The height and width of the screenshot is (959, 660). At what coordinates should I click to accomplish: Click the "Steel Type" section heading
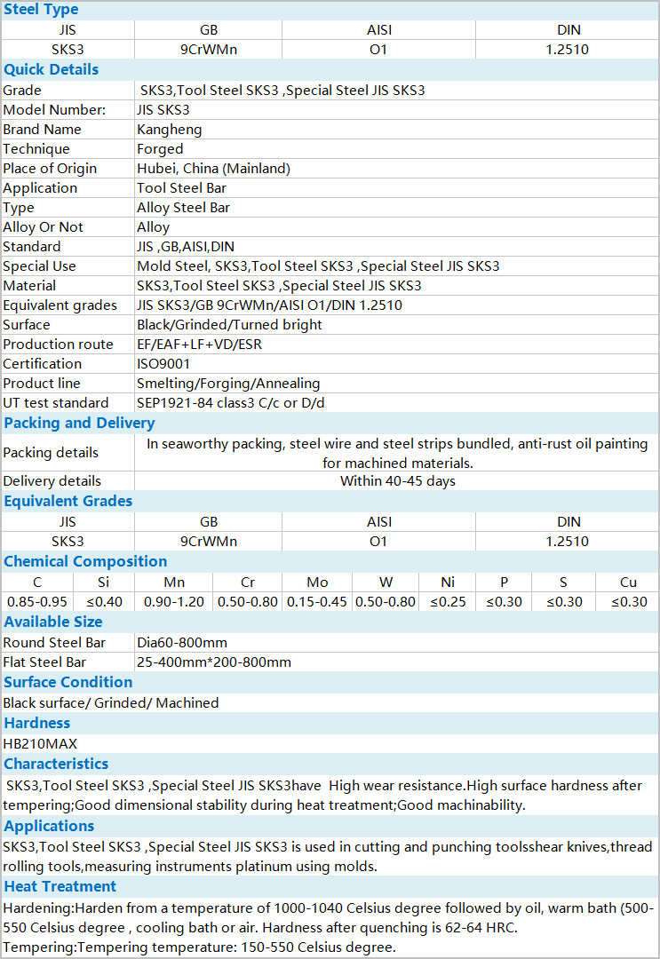[x=41, y=10]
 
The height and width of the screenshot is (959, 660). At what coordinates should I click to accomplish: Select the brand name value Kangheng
[x=169, y=130]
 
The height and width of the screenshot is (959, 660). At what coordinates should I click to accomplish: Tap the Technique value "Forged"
[x=160, y=149]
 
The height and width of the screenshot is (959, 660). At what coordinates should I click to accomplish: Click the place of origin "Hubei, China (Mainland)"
[x=213, y=169]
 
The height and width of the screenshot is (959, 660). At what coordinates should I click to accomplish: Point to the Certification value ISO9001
[x=163, y=364]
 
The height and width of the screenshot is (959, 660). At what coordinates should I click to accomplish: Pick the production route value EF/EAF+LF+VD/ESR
[x=200, y=345]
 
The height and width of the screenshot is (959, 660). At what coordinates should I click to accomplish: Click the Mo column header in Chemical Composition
[x=317, y=583]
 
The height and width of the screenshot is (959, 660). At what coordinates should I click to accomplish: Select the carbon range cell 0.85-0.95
[x=37, y=602]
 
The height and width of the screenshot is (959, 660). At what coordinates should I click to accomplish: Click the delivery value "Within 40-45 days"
[x=397, y=481]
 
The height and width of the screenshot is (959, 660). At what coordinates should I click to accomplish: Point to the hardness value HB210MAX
[x=40, y=744]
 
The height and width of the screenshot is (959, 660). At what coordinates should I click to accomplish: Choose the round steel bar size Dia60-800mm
[x=182, y=643]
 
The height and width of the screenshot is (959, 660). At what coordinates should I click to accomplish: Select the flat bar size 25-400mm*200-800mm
[x=214, y=662]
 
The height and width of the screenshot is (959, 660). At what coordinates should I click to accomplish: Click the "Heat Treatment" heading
[x=60, y=886]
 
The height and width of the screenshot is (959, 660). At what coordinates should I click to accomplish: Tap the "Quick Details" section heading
[x=52, y=70]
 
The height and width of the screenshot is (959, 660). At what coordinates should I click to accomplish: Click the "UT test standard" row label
[x=56, y=403]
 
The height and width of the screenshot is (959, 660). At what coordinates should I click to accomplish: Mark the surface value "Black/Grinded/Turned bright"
[x=229, y=325]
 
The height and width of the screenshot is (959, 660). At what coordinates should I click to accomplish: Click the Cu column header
[x=628, y=583]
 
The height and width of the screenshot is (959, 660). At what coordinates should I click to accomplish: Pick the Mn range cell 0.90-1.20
[x=174, y=602]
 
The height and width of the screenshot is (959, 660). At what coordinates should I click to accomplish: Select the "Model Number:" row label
[x=54, y=110]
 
